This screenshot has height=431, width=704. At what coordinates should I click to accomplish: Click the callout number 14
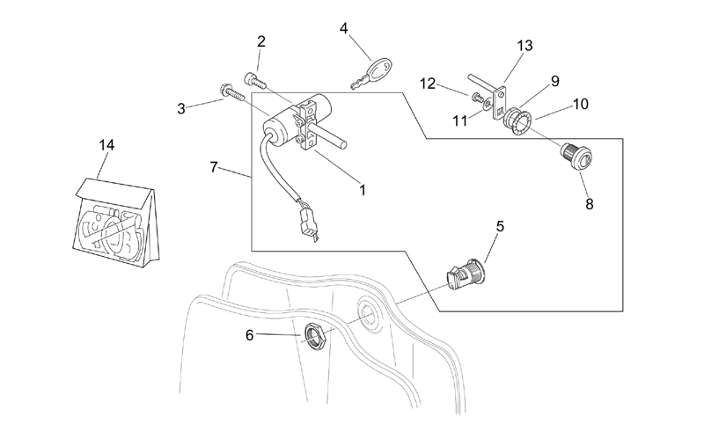(x=106, y=145)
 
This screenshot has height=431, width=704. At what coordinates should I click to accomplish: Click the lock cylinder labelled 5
(x=466, y=273)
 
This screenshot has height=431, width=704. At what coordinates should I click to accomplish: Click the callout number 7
(x=214, y=167)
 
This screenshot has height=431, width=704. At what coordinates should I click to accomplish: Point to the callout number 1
(x=363, y=190)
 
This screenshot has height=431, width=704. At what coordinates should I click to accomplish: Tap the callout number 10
(x=581, y=104)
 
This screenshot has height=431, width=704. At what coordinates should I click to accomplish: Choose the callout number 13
(x=524, y=46)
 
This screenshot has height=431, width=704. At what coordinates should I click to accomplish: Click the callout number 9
(x=555, y=81)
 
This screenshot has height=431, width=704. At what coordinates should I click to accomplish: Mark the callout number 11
(x=460, y=121)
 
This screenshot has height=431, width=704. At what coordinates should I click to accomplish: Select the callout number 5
(x=500, y=226)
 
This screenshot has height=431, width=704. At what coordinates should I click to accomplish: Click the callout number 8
(x=590, y=204)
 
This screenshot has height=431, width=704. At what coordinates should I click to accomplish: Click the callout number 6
(x=250, y=335)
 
